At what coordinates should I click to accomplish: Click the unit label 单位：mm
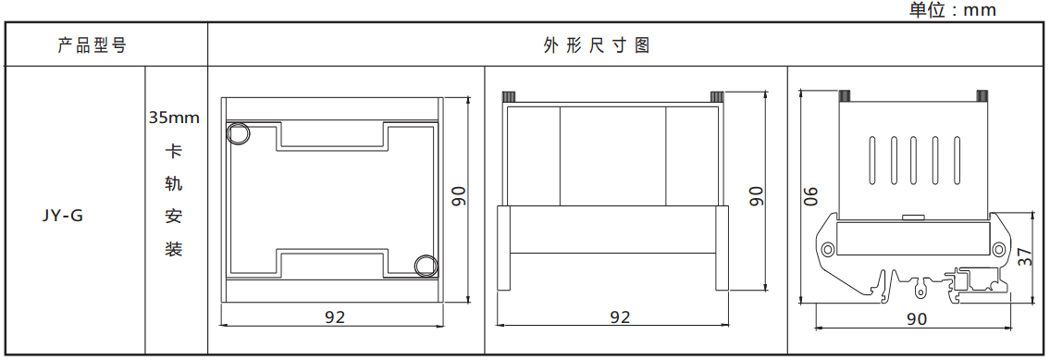(952, 9)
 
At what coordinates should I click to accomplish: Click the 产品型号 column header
(91, 44)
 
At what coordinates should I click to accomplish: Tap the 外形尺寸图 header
(596, 44)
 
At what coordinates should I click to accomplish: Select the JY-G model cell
(63, 217)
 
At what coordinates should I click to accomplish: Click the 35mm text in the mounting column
(174, 118)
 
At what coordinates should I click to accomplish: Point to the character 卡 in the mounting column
(174, 151)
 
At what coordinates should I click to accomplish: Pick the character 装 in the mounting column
(174, 250)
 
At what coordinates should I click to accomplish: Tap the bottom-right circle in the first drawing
(426, 266)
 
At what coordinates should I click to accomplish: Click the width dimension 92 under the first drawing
(335, 317)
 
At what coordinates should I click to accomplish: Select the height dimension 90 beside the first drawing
(459, 196)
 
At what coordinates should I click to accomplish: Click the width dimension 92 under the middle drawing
(620, 317)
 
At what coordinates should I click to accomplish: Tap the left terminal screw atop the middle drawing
(508, 95)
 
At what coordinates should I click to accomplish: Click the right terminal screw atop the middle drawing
(717, 95)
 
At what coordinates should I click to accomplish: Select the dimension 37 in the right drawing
(1025, 256)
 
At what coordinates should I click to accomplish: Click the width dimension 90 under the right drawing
(916, 318)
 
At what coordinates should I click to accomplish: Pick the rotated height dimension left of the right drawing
(811, 196)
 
